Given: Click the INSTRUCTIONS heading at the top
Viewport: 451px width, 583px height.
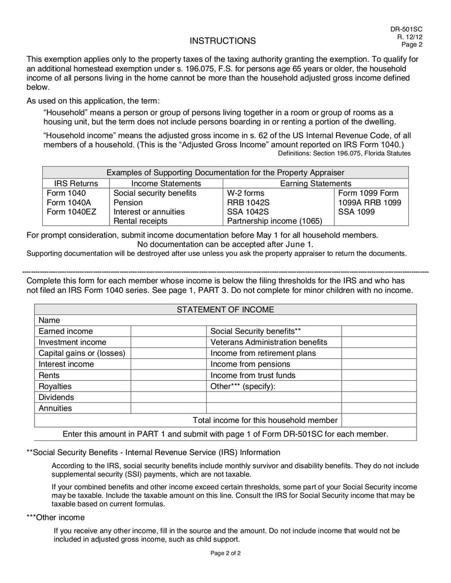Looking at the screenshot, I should tap(222, 41).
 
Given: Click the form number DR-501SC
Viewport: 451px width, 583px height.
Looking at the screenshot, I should tap(406, 29).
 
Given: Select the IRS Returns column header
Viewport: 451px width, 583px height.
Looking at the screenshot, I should tap(76, 184).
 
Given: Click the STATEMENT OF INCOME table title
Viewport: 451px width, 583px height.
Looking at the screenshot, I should tap(225, 309).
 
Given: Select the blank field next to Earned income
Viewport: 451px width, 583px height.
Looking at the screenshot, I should tap(169, 331).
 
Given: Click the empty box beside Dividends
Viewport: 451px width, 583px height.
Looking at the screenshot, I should tap(169, 397).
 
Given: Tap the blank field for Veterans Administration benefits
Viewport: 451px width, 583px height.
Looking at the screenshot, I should tap(379, 342).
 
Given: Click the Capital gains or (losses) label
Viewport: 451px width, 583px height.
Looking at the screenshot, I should tap(82, 353).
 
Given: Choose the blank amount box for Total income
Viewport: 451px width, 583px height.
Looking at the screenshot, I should tap(379, 420).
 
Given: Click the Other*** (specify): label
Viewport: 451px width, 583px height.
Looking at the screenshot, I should tap(243, 386).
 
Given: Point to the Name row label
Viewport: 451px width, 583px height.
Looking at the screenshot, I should tap(49, 320).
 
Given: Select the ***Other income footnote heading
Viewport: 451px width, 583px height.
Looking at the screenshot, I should tap(56, 517).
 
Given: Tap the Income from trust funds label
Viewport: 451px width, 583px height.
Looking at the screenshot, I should tap(253, 375).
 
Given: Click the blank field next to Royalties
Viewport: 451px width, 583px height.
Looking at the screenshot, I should tap(169, 386).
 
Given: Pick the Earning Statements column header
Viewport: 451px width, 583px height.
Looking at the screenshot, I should tap(315, 184).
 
